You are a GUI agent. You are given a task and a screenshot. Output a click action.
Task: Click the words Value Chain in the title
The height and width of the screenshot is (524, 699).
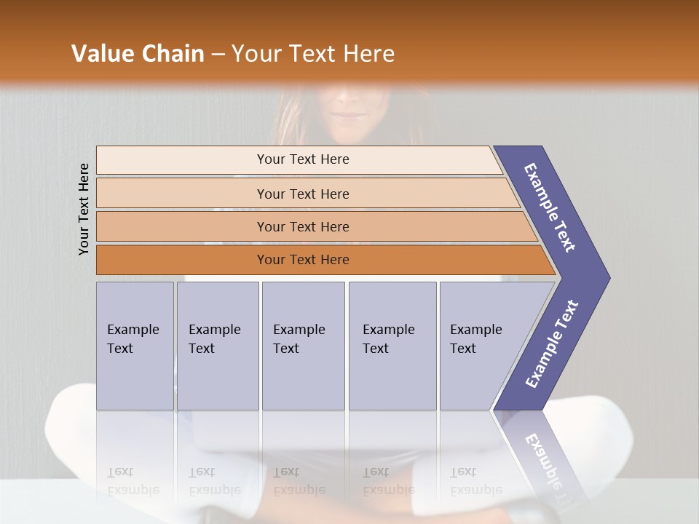click(138, 54)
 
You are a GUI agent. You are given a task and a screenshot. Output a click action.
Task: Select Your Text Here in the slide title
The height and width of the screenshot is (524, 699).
click(313, 54)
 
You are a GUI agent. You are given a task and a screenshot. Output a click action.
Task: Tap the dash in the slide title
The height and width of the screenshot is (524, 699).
click(218, 55)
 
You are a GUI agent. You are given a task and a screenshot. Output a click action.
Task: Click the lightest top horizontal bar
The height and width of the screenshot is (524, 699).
click(299, 159)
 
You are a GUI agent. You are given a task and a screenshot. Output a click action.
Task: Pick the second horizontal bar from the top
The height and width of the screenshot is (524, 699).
click(306, 194)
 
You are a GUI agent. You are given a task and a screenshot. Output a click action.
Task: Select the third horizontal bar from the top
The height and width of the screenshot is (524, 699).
click(313, 226)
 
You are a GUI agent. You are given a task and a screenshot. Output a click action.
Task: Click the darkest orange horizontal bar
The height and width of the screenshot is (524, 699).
click(320, 260)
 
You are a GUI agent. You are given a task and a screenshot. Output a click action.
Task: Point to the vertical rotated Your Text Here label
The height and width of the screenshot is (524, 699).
click(84, 209)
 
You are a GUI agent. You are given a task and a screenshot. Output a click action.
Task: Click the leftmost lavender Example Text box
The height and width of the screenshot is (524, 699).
click(135, 345)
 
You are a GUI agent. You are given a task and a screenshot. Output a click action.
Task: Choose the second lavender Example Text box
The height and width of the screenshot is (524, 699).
click(217, 345)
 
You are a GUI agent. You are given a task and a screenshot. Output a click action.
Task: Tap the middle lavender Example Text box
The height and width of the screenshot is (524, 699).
click(303, 345)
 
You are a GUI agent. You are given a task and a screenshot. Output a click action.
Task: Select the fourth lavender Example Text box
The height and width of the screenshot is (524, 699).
click(392, 345)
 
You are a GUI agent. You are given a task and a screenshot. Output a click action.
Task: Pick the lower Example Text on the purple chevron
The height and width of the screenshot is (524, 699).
click(552, 344)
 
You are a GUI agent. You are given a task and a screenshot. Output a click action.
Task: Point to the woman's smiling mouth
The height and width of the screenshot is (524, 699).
click(351, 114)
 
